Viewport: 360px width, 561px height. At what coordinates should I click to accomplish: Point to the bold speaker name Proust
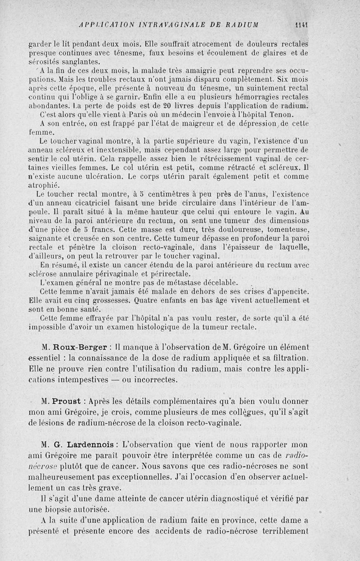click(x=67, y=401)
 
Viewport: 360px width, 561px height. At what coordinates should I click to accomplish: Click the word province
click(x=231, y=520)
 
